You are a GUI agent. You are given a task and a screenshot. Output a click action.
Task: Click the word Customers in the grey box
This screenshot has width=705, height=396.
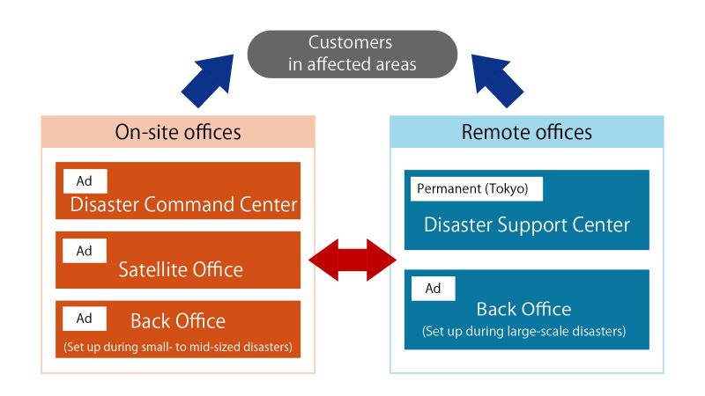[x=350, y=42]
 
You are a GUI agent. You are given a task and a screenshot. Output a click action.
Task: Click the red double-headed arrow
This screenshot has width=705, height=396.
[x=352, y=259]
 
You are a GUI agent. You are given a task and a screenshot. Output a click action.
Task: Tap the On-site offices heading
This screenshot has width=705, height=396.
[x=178, y=132]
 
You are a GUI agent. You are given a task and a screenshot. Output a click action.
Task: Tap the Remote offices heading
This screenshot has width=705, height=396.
[x=526, y=132]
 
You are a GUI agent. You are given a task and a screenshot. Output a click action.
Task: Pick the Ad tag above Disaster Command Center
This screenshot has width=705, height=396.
[x=85, y=181]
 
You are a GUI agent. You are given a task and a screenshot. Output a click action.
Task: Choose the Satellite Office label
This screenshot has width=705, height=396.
[x=180, y=269]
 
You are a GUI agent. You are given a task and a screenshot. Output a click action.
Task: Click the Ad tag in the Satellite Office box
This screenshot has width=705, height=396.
[x=85, y=251]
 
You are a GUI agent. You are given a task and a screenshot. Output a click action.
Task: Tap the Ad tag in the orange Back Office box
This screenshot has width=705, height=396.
[x=85, y=318]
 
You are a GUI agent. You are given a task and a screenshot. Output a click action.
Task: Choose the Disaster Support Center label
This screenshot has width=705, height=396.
[x=526, y=224]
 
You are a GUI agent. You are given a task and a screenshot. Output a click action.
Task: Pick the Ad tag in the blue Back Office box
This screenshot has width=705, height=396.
[x=433, y=288]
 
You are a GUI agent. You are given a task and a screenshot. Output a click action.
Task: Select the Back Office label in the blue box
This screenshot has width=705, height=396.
[x=523, y=309]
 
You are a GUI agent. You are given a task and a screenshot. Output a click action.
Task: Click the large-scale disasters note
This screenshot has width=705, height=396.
[x=523, y=332]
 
